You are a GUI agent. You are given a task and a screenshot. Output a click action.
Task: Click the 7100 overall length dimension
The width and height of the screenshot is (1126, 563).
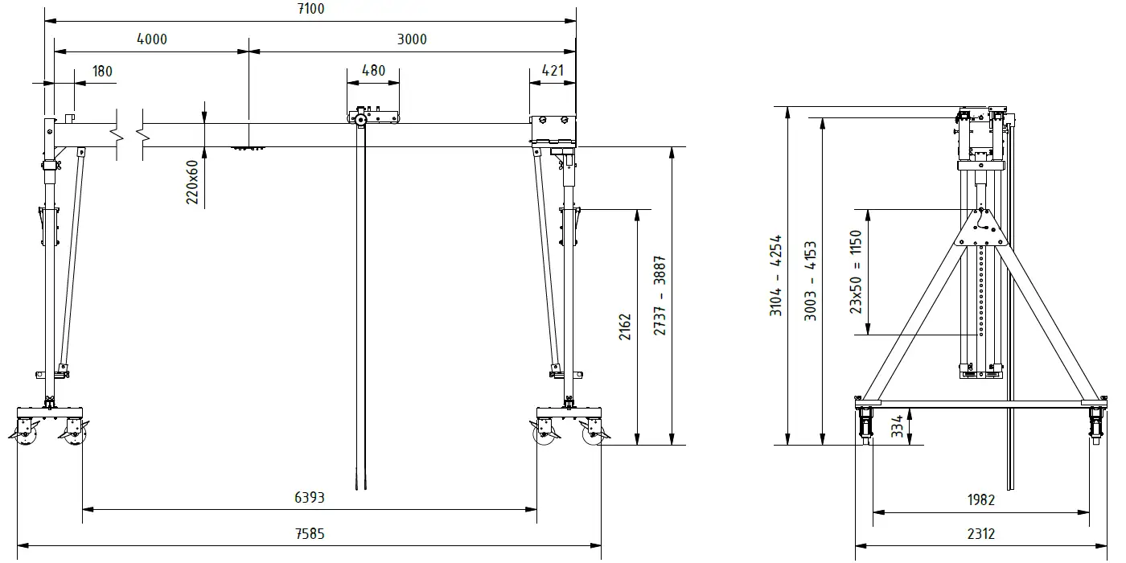coord(310,9)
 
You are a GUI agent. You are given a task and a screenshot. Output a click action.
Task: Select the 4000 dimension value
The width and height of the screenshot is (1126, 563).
coord(151,39)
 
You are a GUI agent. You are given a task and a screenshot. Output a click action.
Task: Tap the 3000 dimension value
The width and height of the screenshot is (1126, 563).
coord(411,39)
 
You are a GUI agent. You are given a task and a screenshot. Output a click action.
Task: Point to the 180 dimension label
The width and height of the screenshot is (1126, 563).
coord(102,71)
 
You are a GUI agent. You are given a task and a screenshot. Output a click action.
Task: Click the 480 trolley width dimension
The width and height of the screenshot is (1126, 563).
coord(373,70)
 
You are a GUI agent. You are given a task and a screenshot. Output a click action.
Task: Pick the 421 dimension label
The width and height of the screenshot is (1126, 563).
coord(553,70)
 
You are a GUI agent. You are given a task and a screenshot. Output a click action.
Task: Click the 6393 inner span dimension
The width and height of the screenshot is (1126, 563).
coord(309,498)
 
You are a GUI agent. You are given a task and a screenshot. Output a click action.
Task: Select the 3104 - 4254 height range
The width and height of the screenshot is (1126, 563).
coord(776,275)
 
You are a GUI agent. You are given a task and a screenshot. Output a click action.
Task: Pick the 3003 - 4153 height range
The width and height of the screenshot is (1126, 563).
coord(811,281)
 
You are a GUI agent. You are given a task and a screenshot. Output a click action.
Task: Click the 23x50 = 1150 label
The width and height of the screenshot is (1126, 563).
coord(856,272)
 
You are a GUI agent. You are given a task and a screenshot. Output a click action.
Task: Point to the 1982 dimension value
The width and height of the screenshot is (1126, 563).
coord(980,500)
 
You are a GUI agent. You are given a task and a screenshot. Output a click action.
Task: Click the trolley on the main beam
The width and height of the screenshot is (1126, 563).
coord(373,117)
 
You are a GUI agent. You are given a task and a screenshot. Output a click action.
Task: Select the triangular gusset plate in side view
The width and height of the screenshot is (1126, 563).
coord(980,228)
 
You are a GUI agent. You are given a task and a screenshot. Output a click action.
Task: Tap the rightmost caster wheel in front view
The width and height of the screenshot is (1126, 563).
coord(594,434)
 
